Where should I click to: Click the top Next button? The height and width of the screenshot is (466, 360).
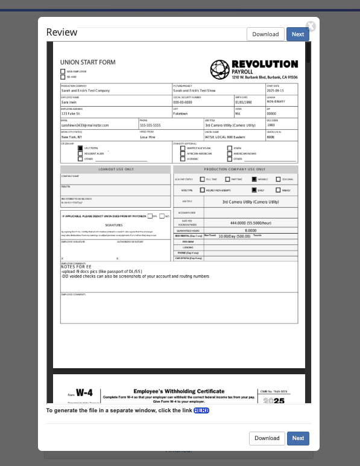(298, 34)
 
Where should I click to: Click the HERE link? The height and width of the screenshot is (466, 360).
(201, 410)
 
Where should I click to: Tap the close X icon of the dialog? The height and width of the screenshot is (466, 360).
(311, 26)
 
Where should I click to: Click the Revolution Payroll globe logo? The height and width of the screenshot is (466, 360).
(219, 69)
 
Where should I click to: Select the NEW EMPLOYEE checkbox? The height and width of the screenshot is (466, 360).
(63, 72)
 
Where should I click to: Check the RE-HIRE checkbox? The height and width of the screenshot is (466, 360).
(63, 77)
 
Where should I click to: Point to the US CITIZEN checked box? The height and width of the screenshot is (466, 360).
(80, 148)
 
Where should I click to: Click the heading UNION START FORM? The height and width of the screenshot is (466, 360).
(87, 62)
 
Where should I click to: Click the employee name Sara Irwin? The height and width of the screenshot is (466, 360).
(69, 102)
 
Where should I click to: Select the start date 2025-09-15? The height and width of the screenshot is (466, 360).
(276, 91)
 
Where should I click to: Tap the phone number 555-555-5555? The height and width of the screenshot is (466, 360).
(150, 125)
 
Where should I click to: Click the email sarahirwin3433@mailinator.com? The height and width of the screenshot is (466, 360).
(85, 125)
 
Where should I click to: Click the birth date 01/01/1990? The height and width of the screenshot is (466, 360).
(244, 102)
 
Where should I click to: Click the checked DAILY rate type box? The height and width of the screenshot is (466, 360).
(254, 190)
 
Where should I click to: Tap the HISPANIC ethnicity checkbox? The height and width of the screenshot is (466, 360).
(183, 159)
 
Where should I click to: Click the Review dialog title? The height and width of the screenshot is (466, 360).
(62, 33)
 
